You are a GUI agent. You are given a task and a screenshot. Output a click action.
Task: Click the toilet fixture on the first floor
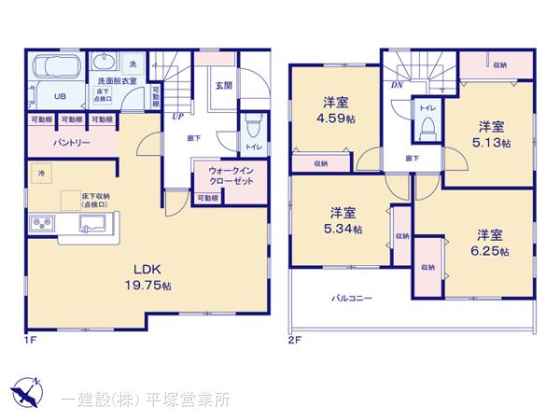click(252, 125)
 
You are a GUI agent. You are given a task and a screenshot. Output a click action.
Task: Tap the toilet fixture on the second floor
click(427, 132)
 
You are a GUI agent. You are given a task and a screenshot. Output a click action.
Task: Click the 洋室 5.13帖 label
click(491, 135)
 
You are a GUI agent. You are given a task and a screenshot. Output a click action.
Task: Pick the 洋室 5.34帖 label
click(343, 220)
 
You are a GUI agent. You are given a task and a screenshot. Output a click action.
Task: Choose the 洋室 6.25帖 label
click(489, 243)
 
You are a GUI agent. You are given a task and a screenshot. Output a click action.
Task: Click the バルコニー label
click(351, 299)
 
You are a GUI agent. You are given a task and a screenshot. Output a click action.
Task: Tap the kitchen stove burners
click(43, 224)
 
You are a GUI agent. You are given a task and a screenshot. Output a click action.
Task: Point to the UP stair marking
click(177, 118)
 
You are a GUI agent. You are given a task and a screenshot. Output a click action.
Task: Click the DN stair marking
click(396, 85)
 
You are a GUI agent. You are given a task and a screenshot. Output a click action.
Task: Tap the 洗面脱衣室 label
click(118, 80)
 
